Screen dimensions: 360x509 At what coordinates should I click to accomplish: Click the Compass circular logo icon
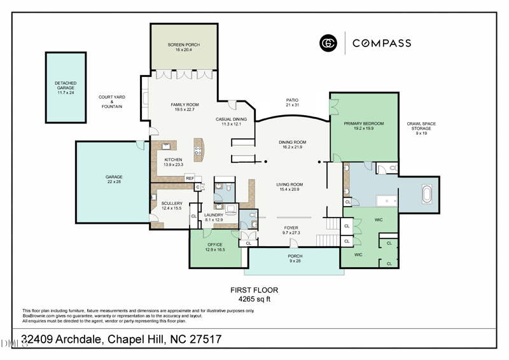coord(328,43)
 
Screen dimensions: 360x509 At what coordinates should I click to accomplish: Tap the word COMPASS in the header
coord(382,43)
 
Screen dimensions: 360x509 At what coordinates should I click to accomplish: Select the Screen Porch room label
coord(184,47)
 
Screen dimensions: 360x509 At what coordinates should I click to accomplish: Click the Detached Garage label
coord(66,88)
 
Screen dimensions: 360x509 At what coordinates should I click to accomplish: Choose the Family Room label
coord(185,107)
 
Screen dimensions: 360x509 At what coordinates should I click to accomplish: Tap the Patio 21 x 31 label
coord(292,102)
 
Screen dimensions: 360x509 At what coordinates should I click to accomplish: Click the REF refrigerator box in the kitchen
coord(190,179)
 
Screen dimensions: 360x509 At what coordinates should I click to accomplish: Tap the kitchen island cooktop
coord(198,151)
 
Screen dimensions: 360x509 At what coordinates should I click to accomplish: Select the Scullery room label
coord(172,205)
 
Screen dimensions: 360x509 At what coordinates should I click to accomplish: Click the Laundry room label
coord(213,217)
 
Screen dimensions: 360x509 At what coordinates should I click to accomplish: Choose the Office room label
coord(214,247)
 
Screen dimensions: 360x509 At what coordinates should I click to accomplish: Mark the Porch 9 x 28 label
coord(294,258)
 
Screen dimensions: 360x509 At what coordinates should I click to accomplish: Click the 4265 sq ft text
coord(254,298)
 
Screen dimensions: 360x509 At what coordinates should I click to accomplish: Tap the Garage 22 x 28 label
coord(114,179)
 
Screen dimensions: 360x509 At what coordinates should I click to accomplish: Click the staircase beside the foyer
coord(332,223)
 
